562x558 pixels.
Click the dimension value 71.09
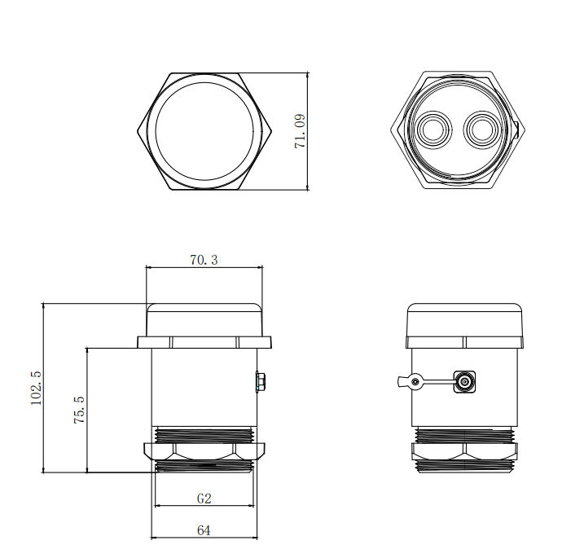[300, 130]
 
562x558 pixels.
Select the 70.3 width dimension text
[204, 260]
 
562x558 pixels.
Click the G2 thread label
[204, 498]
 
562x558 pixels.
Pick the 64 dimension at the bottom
[204, 529]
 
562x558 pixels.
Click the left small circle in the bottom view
[431, 130]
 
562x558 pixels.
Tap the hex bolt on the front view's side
[261, 380]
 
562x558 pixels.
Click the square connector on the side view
[465, 380]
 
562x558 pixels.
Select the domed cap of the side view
[465, 319]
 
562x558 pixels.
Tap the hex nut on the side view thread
[465, 450]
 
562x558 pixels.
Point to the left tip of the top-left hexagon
[137, 131]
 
